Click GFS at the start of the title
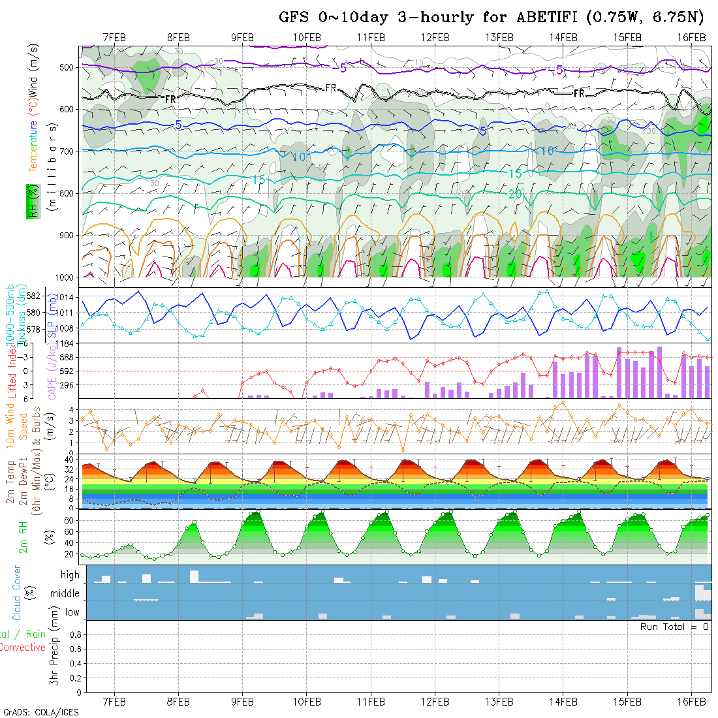(x=292, y=17)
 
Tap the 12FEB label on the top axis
(x=435, y=37)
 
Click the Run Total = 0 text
(x=675, y=627)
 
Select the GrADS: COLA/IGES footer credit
(x=40, y=712)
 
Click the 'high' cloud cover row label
(x=70, y=575)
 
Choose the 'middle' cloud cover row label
(x=65, y=594)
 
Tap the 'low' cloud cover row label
(x=72, y=612)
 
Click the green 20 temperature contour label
(x=515, y=194)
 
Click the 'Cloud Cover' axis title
(x=17, y=593)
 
